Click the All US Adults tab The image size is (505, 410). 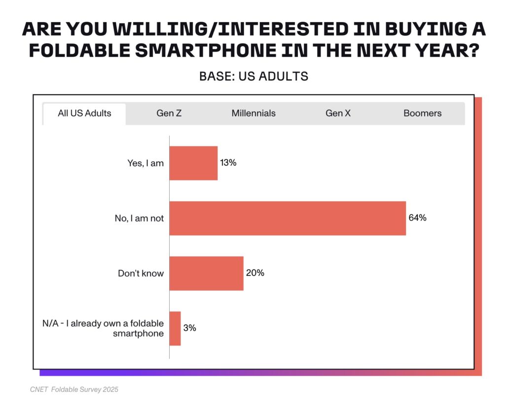coord(84,113)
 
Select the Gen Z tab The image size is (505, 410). coord(169,113)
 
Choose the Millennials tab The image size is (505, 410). coord(253,113)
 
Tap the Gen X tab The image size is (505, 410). coord(338,113)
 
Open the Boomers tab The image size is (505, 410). coord(422,113)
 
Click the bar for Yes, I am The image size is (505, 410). coord(193,163)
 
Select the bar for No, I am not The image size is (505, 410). coord(288,218)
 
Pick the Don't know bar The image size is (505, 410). coord(207,273)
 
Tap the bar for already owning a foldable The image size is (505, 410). coord(175,329)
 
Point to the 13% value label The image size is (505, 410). coord(228,163)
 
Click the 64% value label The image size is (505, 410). coord(417,218)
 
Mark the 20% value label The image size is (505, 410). coord(255,273)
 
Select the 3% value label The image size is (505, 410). coord(189,328)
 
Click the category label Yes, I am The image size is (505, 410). coord(145,163)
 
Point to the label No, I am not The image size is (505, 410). coord(140,219)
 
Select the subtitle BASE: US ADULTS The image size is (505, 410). coord(253,76)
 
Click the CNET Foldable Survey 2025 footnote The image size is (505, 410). coord(74,390)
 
